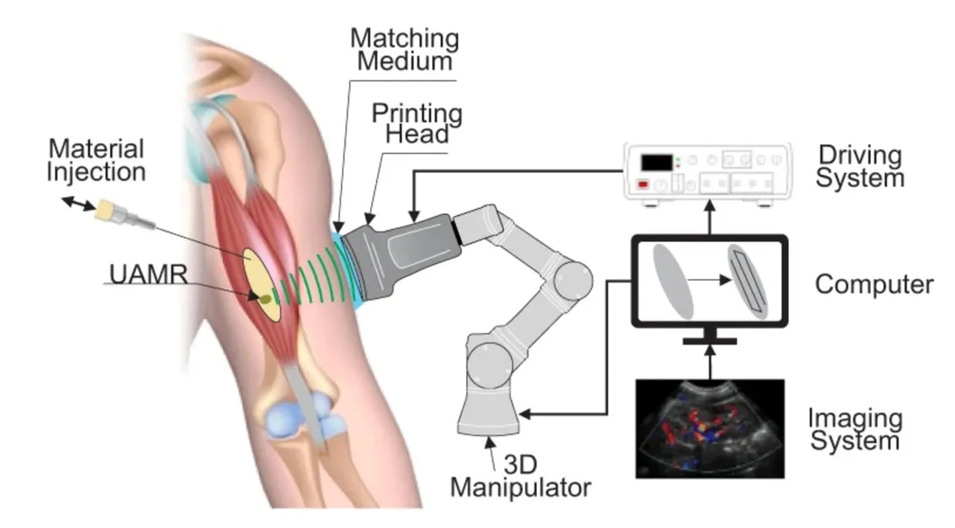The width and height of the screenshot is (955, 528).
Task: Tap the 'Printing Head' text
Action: coord(416,123)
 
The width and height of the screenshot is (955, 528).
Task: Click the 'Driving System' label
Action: coord(860,166)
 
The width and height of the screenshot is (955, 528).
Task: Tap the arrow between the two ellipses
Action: coord(710,281)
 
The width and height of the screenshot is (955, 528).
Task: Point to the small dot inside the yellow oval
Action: coord(264,298)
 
